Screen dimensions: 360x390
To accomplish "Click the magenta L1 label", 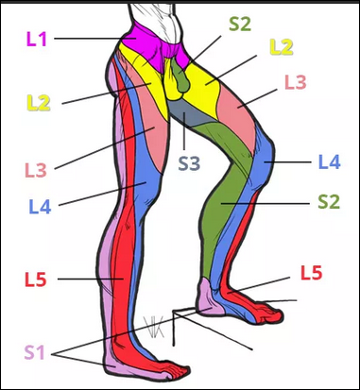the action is (x=37, y=40).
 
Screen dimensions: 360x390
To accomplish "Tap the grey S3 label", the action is (x=189, y=163).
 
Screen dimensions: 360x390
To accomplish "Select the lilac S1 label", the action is (x=35, y=352).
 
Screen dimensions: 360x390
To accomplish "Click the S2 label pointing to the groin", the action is (x=240, y=24).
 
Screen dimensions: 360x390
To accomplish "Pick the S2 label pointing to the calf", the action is (x=329, y=202).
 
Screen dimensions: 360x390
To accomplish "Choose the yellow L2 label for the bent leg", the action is (x=282, y=47).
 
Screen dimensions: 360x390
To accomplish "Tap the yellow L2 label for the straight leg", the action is (x=39, y=103).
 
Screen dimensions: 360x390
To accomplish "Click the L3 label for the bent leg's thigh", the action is (x=296, y=82).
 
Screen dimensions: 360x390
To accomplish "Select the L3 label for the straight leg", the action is (x=36, y=170).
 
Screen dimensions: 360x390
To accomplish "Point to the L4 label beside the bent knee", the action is (x=330, y=162).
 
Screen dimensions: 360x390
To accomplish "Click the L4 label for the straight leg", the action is (x=40, y=207).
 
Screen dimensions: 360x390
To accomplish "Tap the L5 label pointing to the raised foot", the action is (x=311, y=273).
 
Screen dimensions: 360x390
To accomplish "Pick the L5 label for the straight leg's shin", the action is (x=36, y=280).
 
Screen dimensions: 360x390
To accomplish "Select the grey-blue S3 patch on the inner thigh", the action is (x=189, y=114).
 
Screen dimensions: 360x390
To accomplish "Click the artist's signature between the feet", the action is (x=154, y=328).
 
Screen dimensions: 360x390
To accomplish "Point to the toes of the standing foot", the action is (x=177, y=373).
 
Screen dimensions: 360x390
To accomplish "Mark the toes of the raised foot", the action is (x=271, y=314).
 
